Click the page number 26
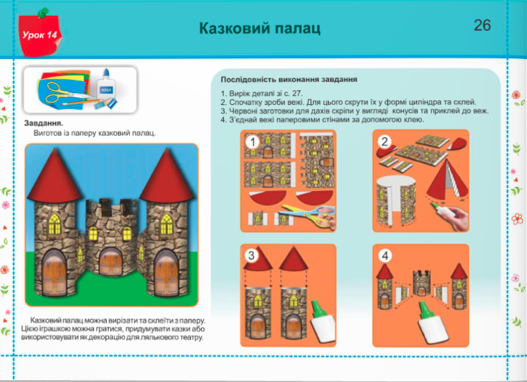click(482, 25)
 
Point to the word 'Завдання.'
click(43, 123)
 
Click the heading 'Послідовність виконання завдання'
click(289, 80)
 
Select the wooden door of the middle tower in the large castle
click(111, 262)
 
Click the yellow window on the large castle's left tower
click(55, 224)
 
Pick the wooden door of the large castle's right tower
click(167, 273)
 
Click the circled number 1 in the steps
click(252, 142)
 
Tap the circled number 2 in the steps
click(385, 142)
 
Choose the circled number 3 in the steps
click(252, 255)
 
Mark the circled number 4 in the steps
click(385, 256)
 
